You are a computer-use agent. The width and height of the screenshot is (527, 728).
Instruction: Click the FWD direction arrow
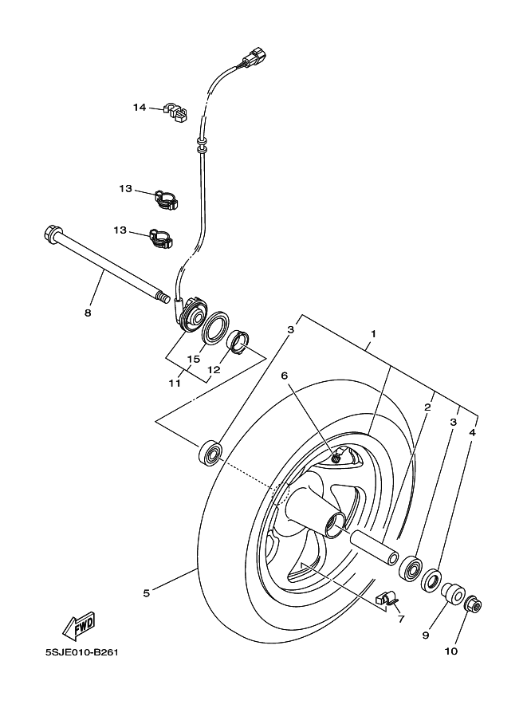(80, 625)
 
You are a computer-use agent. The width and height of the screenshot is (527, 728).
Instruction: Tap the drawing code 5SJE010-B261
(82, 651)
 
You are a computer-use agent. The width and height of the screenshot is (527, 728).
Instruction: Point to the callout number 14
(140, 107)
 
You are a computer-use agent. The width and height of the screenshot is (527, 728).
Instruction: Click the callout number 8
(88, 313)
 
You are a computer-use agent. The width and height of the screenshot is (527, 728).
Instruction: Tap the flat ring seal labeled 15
(214, 331)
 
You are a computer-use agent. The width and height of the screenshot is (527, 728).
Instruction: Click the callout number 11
(175, 383)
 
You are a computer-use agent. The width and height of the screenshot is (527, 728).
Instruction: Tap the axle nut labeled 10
(474, 604)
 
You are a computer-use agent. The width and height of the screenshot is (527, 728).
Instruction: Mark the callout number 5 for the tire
(146, 592)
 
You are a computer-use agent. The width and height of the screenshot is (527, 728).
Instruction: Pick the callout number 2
(427, 407)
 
